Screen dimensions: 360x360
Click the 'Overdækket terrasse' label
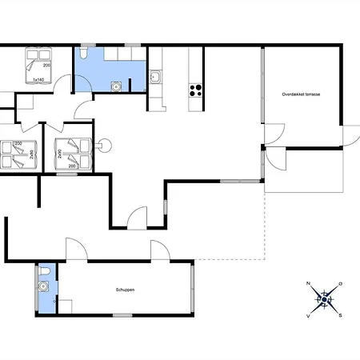point(301,94)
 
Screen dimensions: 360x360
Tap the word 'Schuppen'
point(125,290)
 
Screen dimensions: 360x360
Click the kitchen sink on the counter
point(155,78)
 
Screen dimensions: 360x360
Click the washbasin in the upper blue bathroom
point(118,84)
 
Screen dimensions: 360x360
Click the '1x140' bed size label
point(38,80)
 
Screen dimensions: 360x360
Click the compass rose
point(325,300)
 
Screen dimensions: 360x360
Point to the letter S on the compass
point(340,315)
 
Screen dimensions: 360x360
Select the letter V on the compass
point(309,316)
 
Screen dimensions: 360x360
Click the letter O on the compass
point(341,284)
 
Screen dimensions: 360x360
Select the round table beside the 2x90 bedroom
point(102,145)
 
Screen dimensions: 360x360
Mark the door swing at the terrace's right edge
point(349,136)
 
